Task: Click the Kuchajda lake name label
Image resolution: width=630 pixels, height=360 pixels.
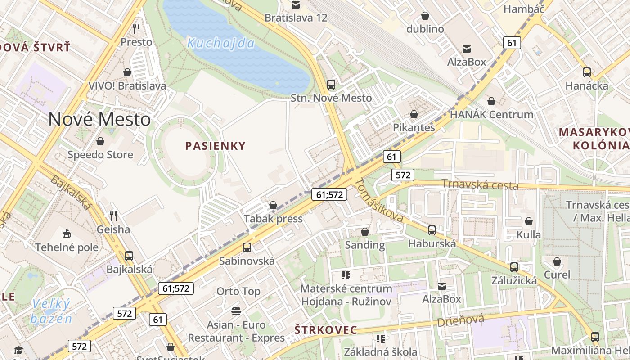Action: (220, 43)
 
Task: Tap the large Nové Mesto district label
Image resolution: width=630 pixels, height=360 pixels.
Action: (99, 119)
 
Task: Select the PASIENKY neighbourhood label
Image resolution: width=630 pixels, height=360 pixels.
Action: (216, 146)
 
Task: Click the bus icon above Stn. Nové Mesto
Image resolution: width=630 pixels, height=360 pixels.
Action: (331, 84)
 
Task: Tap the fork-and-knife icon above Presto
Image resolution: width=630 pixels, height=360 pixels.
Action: (136, 29)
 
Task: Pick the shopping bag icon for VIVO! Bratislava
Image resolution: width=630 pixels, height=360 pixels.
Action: (127, 72)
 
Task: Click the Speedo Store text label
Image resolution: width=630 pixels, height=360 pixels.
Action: (100, 155)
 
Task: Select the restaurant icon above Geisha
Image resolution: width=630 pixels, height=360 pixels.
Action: (113, 216)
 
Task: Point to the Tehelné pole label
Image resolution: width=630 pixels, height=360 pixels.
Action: (67, 247)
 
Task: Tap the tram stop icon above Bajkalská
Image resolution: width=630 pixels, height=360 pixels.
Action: (129, 256)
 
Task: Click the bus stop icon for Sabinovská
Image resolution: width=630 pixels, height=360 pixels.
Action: (247, 247)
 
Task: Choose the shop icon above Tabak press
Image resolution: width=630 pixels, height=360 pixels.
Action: (273, 206)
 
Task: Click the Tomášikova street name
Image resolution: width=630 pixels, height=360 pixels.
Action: (379, 200)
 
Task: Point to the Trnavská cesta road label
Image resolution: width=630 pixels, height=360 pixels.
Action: (480, 184)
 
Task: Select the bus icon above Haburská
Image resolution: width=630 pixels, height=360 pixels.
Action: (432, 230)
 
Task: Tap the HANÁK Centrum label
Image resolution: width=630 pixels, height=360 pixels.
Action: (491, 114)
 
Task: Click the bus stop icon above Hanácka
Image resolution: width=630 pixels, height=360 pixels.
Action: (587, 72)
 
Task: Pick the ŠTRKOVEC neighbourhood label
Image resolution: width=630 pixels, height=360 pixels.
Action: (325, 330)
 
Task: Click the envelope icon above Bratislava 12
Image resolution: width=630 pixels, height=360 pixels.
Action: (296, 5)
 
